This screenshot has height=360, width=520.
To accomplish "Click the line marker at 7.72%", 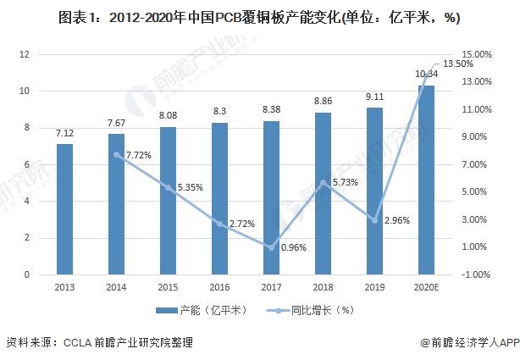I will point(116,154).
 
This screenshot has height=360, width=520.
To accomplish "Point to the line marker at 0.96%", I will point(271,247).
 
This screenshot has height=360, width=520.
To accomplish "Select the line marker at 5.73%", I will point(323,182).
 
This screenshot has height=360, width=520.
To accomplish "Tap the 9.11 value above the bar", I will point(374,97).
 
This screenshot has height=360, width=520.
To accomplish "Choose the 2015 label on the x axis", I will point(168,288).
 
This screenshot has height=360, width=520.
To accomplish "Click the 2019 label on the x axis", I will point(374,288).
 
